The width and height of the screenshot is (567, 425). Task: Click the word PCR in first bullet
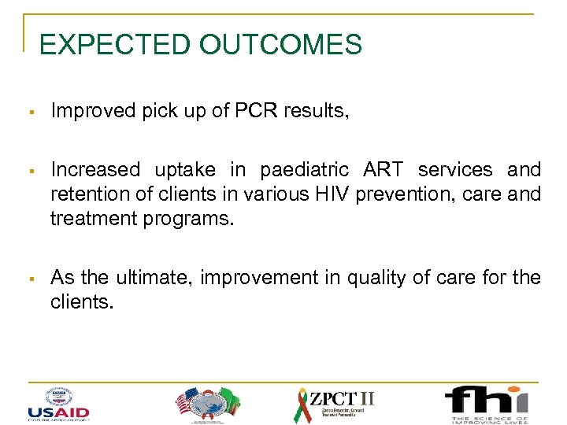252,112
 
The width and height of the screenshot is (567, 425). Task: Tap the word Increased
95,169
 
